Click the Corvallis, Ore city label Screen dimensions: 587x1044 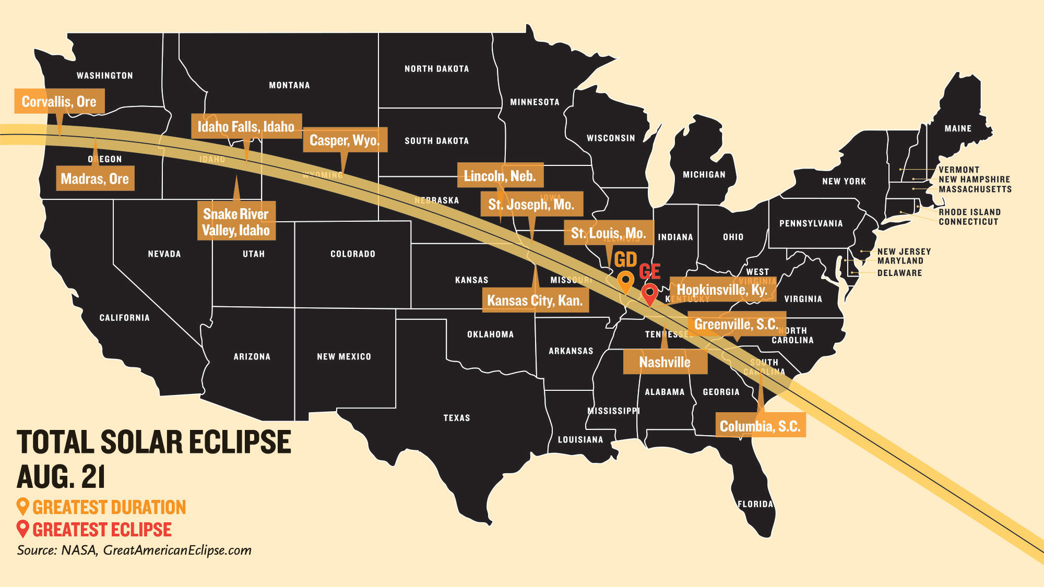pyautogui.click(x=59, y=101)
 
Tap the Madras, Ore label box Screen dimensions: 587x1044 pyautogui.click(x=95, y=178)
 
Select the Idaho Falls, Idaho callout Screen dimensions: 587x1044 pyautogui.click(x=246, y=126)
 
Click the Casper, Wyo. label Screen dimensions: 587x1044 pyautogui.click(x=345, y=140)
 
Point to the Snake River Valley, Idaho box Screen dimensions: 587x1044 pyautogui.click(x=236, y=222)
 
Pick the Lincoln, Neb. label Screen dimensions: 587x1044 pyautogui.click(x=500, y=176)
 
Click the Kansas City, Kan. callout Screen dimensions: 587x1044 pyautogui.click(x=535, y=300)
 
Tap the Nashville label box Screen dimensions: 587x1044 pyautogui.click(x=665, y=362)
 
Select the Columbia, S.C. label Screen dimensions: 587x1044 pyautogui.click(x=760, y=426)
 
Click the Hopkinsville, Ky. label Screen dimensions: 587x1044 pyautogui.click(x=722, y=290)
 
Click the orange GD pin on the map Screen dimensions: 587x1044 pyautogui.click(x=625, y=281)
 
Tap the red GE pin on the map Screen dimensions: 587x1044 pyautogui.click(x=649, y=293)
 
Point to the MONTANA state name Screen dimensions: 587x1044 pyautogui.click(x=289, y=85)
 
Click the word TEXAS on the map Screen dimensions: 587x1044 pyautogui.click(x=457, y=418)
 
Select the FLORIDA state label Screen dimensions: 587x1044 pyautogui.click(x=755, y=504)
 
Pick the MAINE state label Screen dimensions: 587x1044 pyautogui.click(x=958, y=128)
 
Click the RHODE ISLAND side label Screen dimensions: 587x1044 pyautogui.click(x=969, y=212)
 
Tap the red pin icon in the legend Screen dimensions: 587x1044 pyautogui.click(x=22, y=529)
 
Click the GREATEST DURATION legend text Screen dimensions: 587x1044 pyautogui.click(x=109, y=507)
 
